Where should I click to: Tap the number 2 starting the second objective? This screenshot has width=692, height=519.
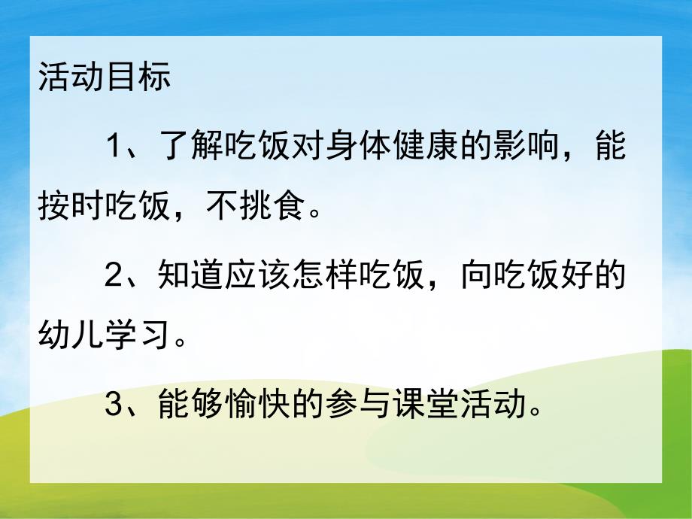pyautogui.click(x=114, y=278)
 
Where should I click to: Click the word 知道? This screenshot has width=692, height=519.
pyautogui.click(x=191, y=278)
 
